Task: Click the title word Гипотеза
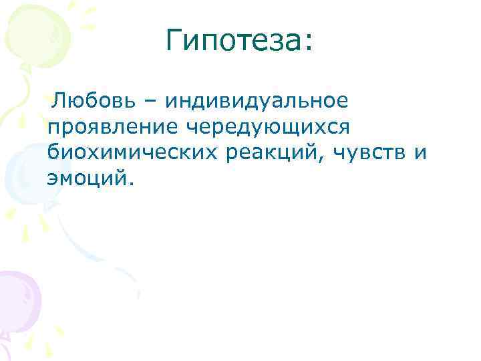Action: point(234,42)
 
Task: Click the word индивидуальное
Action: point(257,101)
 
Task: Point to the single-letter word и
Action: point(420,152)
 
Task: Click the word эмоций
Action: point(88,177)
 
